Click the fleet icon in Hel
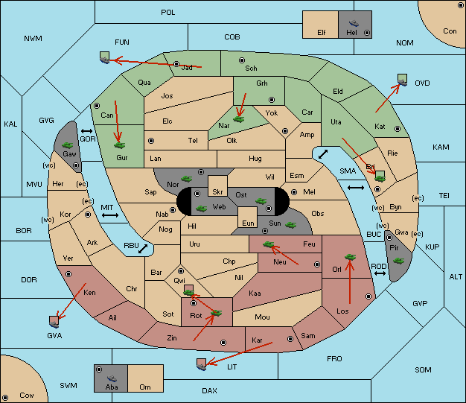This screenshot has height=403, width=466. point(354,23)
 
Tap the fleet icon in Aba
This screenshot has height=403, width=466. point(112,378)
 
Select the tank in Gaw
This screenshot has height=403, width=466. point(68,145)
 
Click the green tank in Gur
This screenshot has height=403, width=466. point(119,145)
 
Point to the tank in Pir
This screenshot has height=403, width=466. point(398,261)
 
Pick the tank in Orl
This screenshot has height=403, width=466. point(350,257)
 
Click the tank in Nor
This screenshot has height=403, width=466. point(187,179)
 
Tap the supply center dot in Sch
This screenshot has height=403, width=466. point(242,60)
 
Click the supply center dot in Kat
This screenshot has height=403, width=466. point(398,129)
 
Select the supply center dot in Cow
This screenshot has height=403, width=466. point(5,397)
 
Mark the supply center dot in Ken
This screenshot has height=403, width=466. point(68,274)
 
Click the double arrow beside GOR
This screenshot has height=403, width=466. point(87,131)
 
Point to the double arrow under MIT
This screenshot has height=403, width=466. point(110,215)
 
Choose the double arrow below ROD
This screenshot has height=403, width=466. point(380,273)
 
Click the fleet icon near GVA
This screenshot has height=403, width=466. point(54,322)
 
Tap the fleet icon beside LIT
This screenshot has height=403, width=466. point(202,364)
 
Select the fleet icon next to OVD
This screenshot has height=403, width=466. point(403,80)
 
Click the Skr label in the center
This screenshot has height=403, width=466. point(217,192)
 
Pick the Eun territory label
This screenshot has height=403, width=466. point(248,223)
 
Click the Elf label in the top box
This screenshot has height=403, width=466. point(322,33)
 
